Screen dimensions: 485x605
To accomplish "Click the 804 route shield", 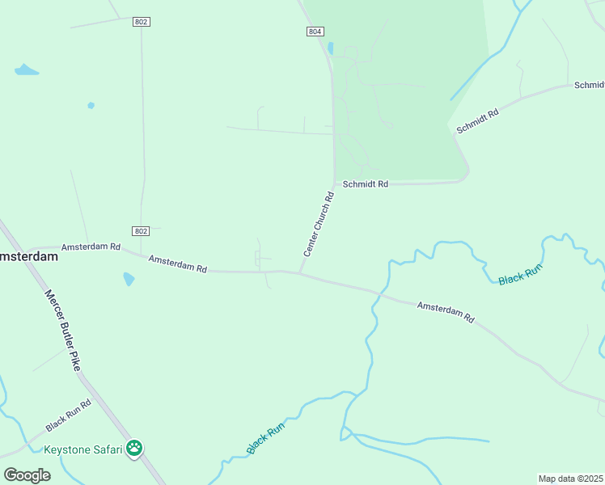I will coord(315,32).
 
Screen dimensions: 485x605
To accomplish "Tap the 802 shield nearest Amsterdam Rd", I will coord(142,230).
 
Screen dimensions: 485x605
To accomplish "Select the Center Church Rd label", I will coord(318,225).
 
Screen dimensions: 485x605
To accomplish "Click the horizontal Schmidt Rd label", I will coord(365,184).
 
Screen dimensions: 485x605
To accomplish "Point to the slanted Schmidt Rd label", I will coord(477,119).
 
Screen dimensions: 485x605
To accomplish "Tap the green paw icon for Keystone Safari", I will coord(134,448).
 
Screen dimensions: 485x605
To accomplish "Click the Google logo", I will coord(27,475).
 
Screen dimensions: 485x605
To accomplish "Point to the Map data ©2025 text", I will coord(570,479).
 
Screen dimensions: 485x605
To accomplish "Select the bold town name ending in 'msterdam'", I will coord(29,256).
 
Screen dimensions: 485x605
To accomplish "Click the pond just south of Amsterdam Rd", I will coord(129,280).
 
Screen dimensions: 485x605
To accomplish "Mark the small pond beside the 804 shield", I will coord(330,48).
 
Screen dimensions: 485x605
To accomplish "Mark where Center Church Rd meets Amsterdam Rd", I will coord(300,272).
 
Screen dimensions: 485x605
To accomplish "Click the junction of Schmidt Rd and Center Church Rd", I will coord(334,183).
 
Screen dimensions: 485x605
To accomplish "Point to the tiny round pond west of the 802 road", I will coord(91,105).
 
